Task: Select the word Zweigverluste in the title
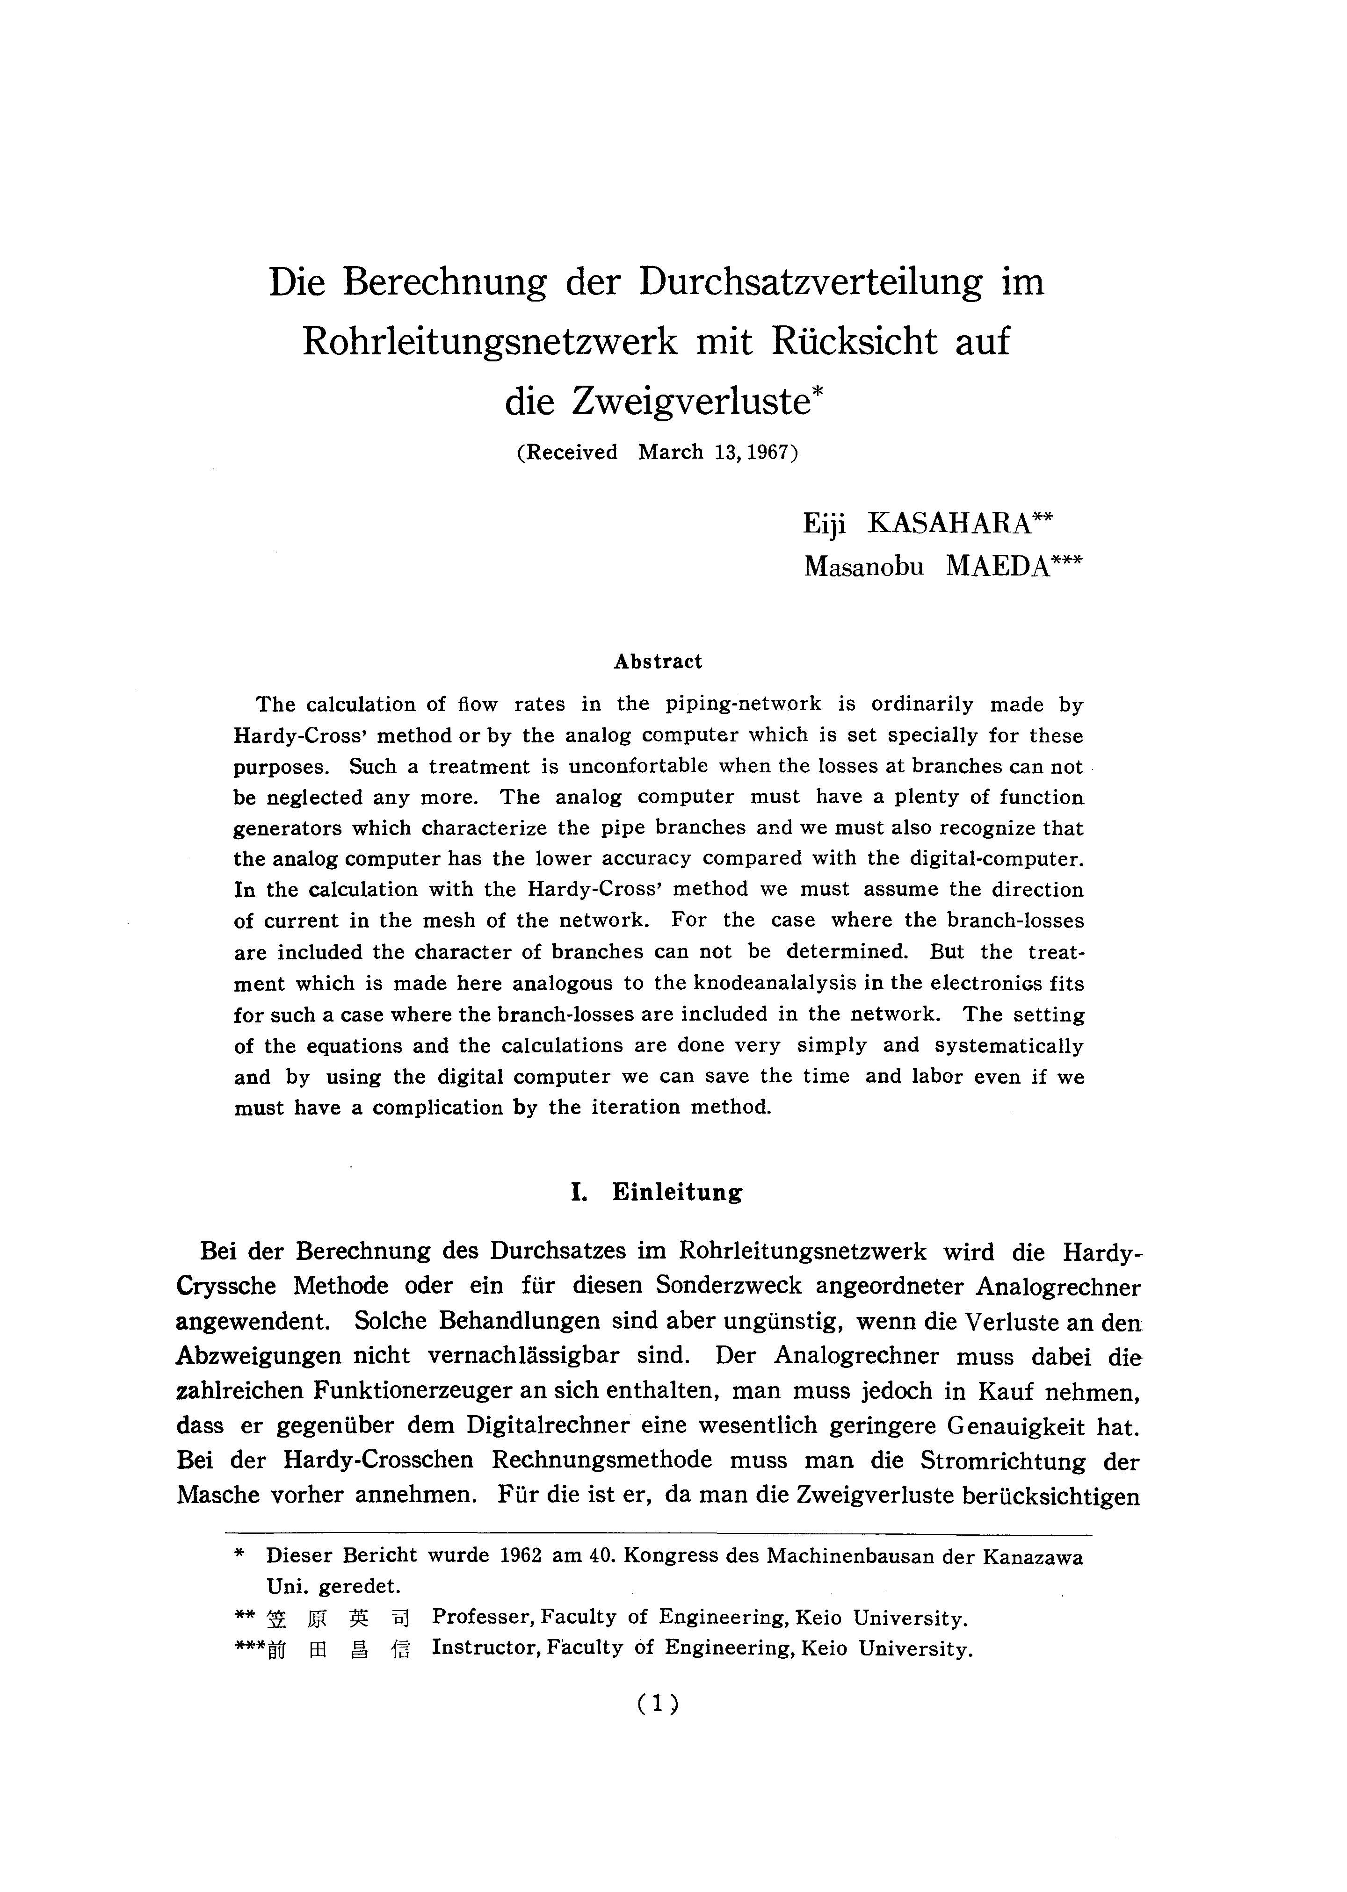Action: click(x=690, y=402)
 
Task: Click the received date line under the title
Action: click(x=657, y=453)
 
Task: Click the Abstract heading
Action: click(x=658, y=662)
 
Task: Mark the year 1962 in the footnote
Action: click(x=521, y=1555)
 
